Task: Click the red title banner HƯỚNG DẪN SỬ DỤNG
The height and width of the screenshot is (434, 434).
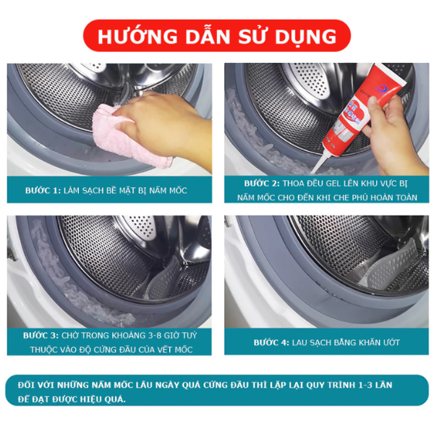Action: [x=217, y=35]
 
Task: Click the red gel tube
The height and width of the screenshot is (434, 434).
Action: [x=359, y=111]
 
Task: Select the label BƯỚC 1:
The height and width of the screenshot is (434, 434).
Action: [x=43, y=190]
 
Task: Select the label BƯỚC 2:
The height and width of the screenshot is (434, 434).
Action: [x=262, y=183]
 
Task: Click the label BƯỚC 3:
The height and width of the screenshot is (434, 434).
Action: [x=41, y=336]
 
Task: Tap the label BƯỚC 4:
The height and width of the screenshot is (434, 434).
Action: [x=271, y=343]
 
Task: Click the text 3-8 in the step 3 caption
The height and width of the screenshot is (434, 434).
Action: [x=151, y=336]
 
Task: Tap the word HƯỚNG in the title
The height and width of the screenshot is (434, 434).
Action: [x=137, y=36]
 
